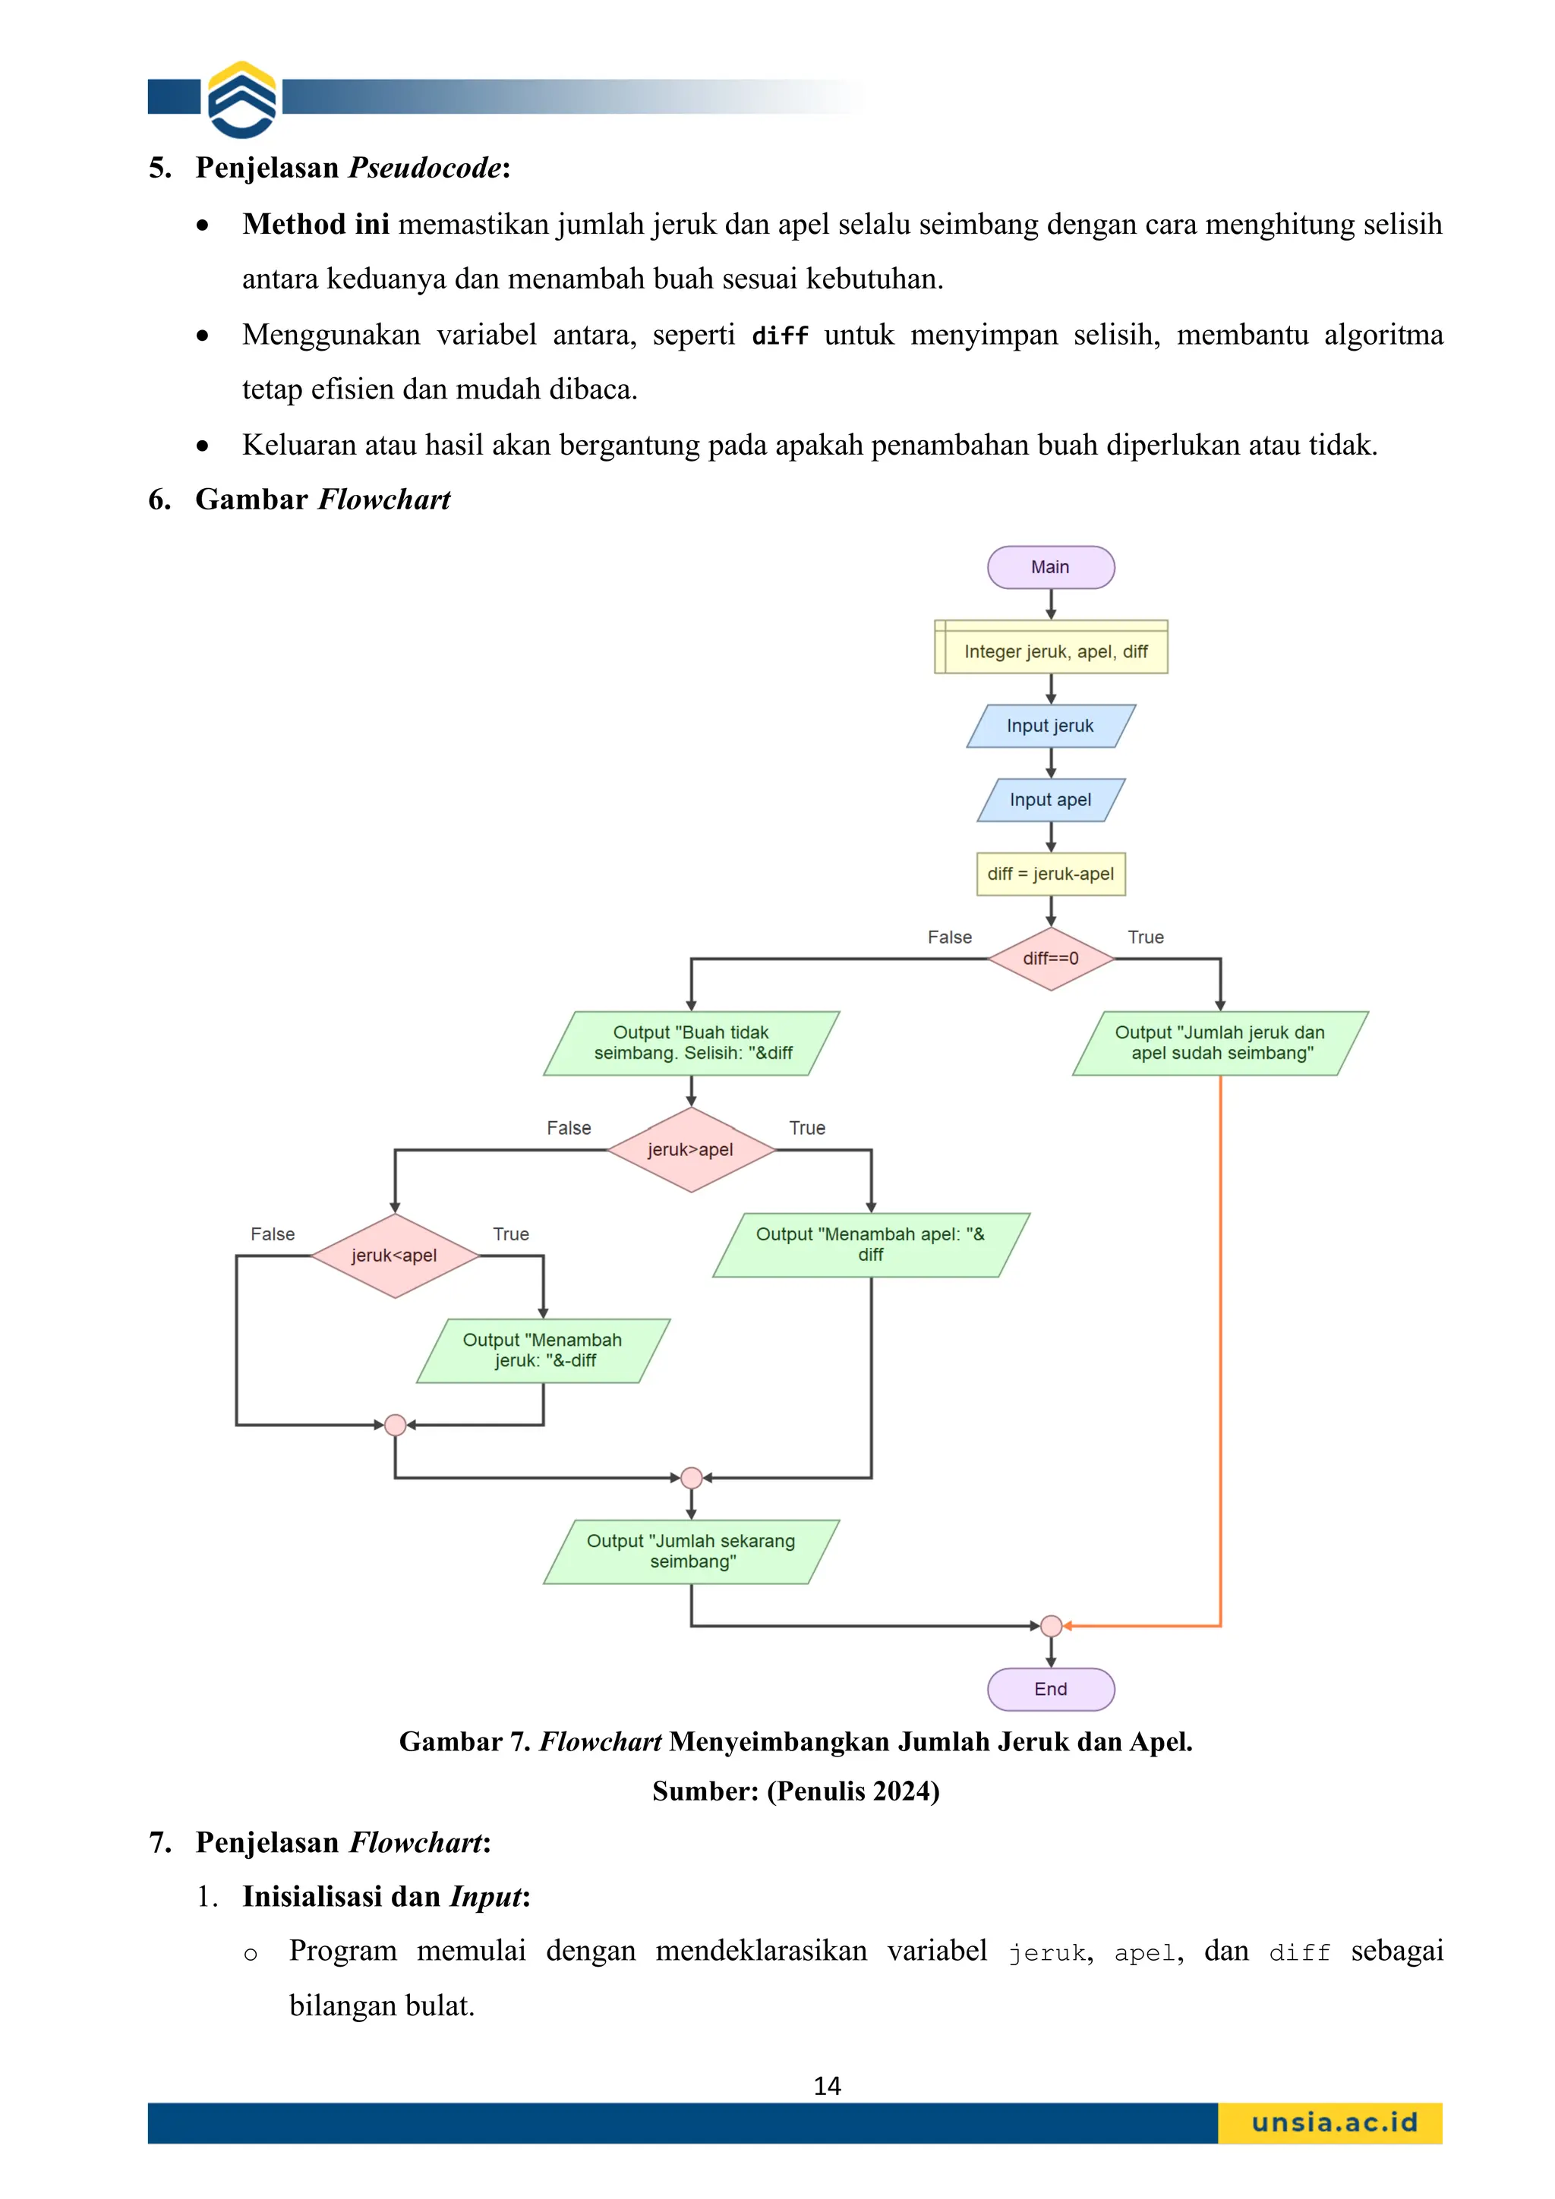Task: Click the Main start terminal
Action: point(1050,567)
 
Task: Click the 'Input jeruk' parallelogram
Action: point(1050,726)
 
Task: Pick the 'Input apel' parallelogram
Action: point(1050,800)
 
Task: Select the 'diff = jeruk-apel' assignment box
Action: point(1050,874)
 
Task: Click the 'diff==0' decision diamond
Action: point(1050,958)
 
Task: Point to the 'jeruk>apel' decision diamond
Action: point(691,1149)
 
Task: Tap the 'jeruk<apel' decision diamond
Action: point(395,1255)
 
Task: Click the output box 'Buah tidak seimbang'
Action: point(691,1043)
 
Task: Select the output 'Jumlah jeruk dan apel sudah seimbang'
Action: point(1219,1043)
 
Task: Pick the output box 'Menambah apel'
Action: point(870,1244)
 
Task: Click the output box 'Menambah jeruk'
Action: point(543,1350)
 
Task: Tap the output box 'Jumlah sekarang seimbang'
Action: point(691,1551)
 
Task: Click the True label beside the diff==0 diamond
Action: point(1145,937)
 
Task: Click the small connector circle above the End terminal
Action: point(1050,1625)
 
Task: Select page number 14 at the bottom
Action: point(827,2086)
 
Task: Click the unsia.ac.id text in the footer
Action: point(1334,2122)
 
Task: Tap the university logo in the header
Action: point(242,99)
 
